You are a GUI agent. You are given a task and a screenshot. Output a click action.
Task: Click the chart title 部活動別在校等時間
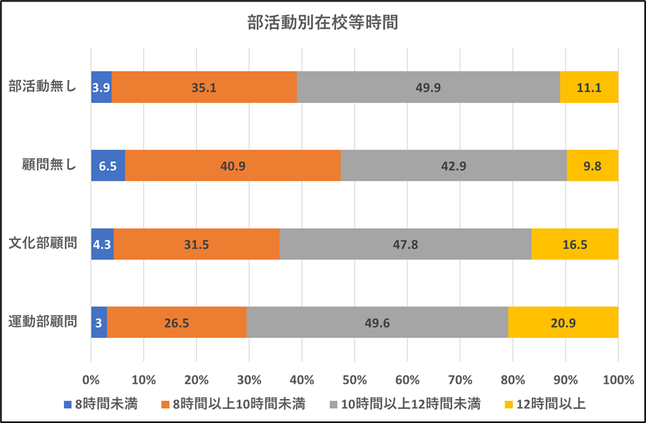322,22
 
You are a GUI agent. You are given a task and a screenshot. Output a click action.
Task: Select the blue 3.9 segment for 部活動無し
101,87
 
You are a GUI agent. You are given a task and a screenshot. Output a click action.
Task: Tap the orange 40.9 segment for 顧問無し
233,166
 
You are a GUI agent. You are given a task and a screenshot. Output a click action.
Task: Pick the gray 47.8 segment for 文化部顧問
405,244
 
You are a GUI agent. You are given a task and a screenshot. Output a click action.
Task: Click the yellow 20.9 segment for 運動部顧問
563,322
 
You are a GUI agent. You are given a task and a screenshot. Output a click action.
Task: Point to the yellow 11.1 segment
589,87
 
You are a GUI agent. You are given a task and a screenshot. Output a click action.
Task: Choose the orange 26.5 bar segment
177,322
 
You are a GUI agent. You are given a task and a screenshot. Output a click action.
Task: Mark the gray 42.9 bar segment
453,166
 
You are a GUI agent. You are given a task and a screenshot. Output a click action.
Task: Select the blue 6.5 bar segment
108,166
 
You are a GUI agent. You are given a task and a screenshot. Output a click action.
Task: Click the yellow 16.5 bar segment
575,244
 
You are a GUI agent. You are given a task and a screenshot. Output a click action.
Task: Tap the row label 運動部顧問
43,322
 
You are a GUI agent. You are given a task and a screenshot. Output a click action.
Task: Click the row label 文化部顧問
43,244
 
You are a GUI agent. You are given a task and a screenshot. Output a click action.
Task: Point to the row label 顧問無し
48,166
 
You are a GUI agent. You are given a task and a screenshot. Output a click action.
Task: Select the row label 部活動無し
43,87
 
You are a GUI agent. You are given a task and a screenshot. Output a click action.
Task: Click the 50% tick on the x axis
355,380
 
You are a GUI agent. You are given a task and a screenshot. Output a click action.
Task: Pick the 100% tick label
617,380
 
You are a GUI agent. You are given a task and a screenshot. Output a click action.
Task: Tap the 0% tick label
91,380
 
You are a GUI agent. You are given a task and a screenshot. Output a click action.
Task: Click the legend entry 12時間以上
546,403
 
